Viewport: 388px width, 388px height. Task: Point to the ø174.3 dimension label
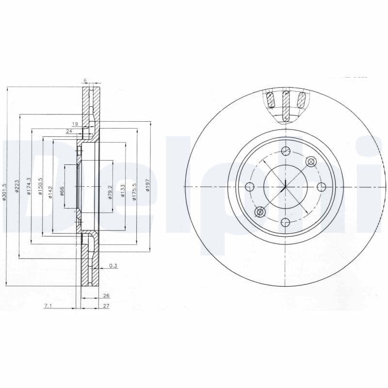click(29, 187)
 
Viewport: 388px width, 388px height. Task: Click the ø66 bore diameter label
click(62, 191)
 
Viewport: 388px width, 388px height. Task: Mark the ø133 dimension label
click(123, 191)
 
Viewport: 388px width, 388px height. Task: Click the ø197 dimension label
click(147, 187)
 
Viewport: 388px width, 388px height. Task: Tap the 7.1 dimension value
click(48, 306)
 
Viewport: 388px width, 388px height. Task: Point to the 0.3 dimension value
click(113, 265)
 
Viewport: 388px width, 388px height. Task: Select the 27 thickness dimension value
click(106, 306)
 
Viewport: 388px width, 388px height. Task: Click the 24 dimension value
click(69, 131)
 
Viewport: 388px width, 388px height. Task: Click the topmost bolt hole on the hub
click(286, 151)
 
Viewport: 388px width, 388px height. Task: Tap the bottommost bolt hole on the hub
click(286, 223)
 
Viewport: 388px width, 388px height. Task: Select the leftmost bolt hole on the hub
click(250, 187)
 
